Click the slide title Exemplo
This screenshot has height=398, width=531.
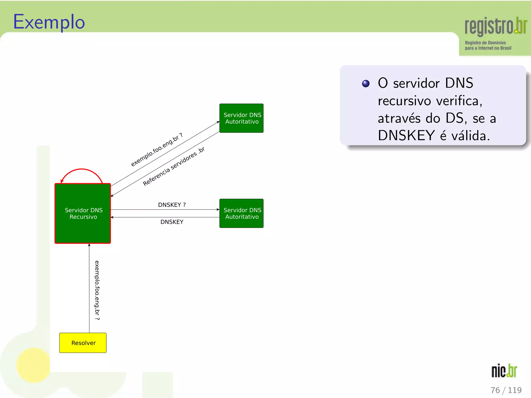(49, 22)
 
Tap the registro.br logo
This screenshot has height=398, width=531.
(495, 26)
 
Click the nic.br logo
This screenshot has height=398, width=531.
(504, 371)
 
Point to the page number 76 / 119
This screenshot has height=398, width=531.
(506, 390)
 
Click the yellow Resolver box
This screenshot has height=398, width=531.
(83, 343)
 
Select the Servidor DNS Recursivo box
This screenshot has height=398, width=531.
(83, 213)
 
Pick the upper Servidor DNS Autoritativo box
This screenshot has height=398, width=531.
(241, 118)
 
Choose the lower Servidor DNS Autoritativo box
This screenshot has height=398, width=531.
(241, 213)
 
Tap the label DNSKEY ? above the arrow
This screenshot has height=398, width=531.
(172, 205)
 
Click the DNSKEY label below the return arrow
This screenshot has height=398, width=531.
(172, 222)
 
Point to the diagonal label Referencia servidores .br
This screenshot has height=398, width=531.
(174, 166)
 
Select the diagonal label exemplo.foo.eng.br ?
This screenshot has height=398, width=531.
(157, 150)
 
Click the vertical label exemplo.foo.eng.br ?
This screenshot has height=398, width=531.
(97, 290)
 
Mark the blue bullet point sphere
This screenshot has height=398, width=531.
(366, 84)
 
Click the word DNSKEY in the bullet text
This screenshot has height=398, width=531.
(406, 136)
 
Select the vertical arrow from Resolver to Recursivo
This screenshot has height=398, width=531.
(89, 288)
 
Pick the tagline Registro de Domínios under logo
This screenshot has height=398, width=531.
(485, 43)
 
